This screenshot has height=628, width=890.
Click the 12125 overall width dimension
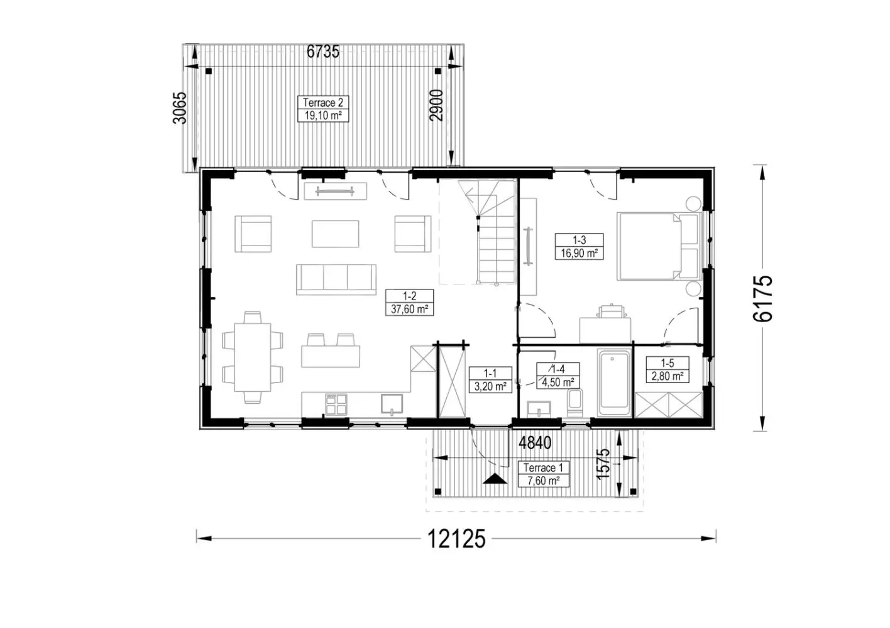tap(456, 539)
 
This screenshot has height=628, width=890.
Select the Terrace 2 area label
tap(323, 109)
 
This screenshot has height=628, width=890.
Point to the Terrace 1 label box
tap(543, 474)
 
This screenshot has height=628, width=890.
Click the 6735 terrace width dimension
tap(323, 51)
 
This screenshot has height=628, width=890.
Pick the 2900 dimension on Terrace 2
tap(436, 106)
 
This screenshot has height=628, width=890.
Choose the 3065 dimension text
tap(180, 108)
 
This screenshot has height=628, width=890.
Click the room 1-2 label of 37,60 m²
tap(409, 303)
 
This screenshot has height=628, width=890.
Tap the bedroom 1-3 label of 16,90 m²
tap(580, 247)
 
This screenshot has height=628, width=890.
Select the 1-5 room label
tap(667, 369)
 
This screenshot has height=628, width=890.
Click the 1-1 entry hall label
tap(490, 379)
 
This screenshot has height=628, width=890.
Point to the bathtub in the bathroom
tap(614, 382)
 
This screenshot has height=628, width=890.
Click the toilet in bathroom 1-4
tap(575, 403)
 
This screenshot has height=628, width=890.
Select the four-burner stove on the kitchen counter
tap(336, 404)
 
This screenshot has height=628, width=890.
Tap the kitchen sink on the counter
tap(392, 404)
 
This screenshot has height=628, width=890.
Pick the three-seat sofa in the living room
tap(336, 279)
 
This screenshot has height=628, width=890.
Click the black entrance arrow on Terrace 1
tap(495, 479)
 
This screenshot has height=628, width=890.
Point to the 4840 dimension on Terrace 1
tap(535, 443)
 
